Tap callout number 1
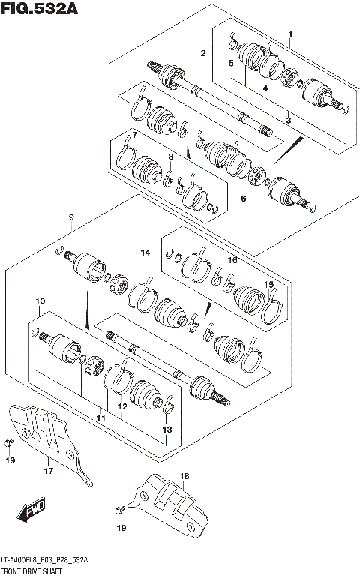click(x=290, y=34)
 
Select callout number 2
click(x=202, y=52)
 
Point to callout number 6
click(x=242, y=199)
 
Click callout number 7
click(x=133, y=135)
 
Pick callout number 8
click(x=171, y=157)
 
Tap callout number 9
click(x=70, y=217)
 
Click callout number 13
click(x=166, y=429)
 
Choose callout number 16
click(x=232, y=260)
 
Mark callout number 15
click(x=269, y=284)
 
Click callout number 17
click(x=49, y=472)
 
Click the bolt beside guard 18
click(x=120, y=510)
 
